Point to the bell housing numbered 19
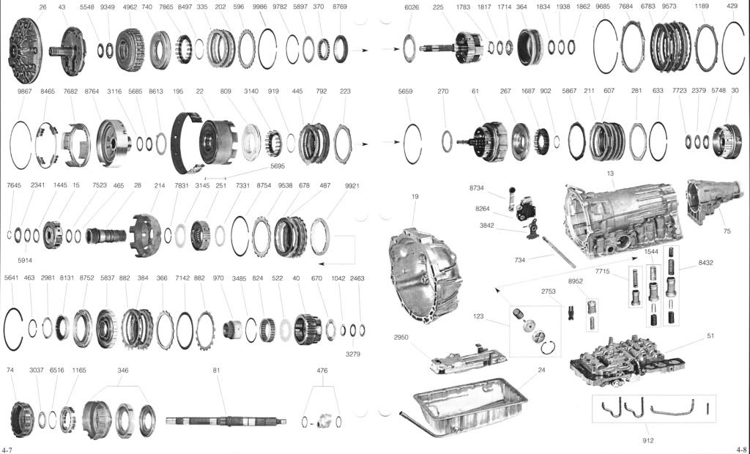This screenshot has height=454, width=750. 426,275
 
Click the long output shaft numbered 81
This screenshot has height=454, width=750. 226,421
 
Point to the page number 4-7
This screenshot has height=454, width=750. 7,450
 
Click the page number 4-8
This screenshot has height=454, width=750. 742,450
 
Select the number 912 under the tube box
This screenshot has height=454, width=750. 648,441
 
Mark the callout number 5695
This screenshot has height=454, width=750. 278,166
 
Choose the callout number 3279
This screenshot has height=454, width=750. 353,354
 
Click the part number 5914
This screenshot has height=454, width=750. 25,260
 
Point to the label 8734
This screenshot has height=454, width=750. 476,188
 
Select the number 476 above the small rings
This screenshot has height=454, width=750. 322,371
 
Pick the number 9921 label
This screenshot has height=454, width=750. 352,185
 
